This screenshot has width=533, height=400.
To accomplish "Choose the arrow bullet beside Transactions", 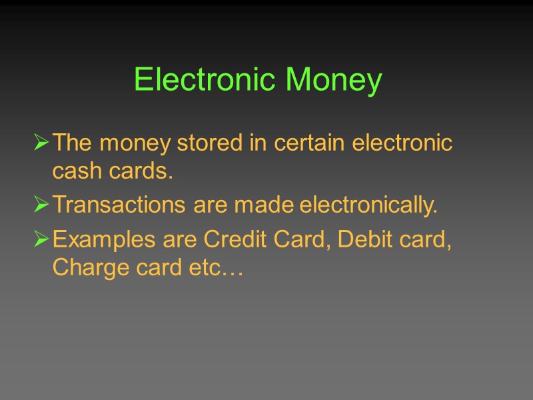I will click(41, 206).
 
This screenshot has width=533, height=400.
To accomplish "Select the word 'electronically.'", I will click(368, 207).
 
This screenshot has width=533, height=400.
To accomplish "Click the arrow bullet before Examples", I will click(41, 239).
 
